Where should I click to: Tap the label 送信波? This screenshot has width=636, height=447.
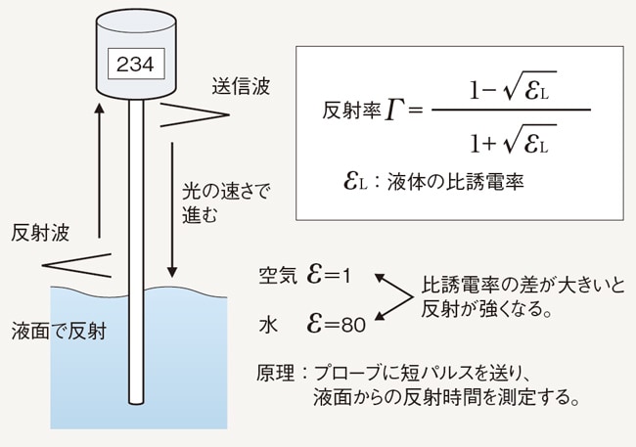pos(241,87)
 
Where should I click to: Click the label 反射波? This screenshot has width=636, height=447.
pos(41,234)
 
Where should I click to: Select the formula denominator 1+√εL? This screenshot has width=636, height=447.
pos(509,143)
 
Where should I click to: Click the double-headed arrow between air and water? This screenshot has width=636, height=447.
pos(391,298)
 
